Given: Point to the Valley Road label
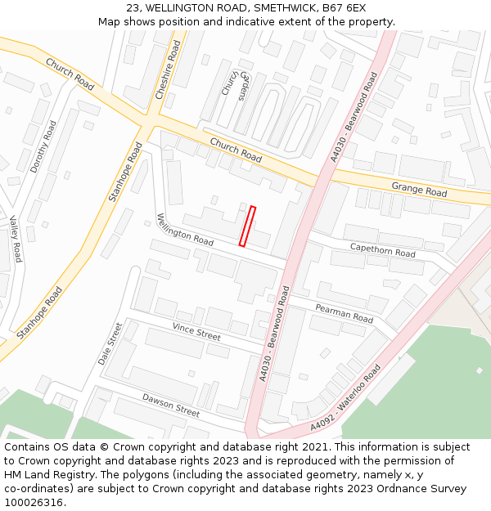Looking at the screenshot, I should tap(15, 238).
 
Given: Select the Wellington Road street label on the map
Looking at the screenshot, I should tap(185, 230).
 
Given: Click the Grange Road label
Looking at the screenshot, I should tap(419, 189).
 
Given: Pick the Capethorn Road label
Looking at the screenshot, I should tap(382, 249).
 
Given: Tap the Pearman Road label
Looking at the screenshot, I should tap(344, 312).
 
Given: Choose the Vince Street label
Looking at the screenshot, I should tap(196, 331).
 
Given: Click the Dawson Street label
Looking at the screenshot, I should tap(171, 405).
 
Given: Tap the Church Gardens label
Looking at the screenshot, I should tap(234, 82).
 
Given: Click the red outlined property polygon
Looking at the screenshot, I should tap(247, 226).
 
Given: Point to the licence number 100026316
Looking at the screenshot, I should tap(34, 503).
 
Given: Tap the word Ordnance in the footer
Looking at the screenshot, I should tap(403, 489).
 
